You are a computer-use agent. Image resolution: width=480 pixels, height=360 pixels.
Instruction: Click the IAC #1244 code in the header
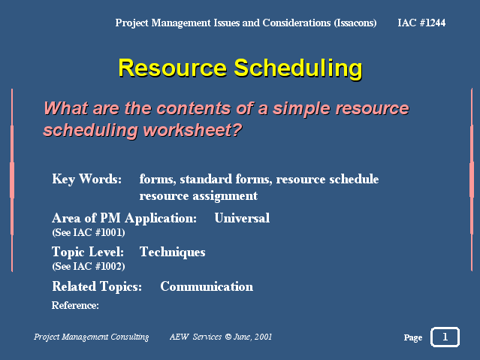(x=421, y=23)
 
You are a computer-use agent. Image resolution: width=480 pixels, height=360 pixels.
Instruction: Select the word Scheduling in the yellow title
(x=298, y=68)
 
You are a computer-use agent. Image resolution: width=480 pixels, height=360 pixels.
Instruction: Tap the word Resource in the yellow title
(x=172, y=68)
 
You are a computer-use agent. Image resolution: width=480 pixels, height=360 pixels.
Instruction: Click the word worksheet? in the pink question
(x=193, y=130)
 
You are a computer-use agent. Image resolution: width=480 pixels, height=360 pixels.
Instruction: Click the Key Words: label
(x=87, y=179)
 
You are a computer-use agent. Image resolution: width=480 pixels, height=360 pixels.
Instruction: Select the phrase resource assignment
(x=198, y=196)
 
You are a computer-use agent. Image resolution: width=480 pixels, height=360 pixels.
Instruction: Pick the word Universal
(x=242, y=218)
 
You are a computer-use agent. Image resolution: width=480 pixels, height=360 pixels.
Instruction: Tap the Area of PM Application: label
(x=124, y=219)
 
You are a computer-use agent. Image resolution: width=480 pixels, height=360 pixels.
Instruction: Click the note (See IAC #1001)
(x=89, y=232)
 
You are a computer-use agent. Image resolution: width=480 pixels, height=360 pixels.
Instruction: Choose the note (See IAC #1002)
(x=89, y=266)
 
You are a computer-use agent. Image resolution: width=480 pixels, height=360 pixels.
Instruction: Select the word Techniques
(x=172, y=253)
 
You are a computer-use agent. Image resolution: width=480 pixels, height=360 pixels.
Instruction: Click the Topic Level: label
(x=88, y=252)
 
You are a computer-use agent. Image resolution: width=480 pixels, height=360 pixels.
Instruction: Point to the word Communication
(x=207, y=286)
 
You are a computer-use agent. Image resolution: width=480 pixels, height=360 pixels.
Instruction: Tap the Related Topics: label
(x=97, y=286)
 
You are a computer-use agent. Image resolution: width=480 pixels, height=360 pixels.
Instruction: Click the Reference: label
(x=75, y=305)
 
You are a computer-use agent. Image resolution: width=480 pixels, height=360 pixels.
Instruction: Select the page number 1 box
(x=445, y=337)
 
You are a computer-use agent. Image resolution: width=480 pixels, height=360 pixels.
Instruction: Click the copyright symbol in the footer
(x=228, y=337)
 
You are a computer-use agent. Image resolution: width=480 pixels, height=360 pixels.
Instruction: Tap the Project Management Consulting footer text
(x=91, y=337)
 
